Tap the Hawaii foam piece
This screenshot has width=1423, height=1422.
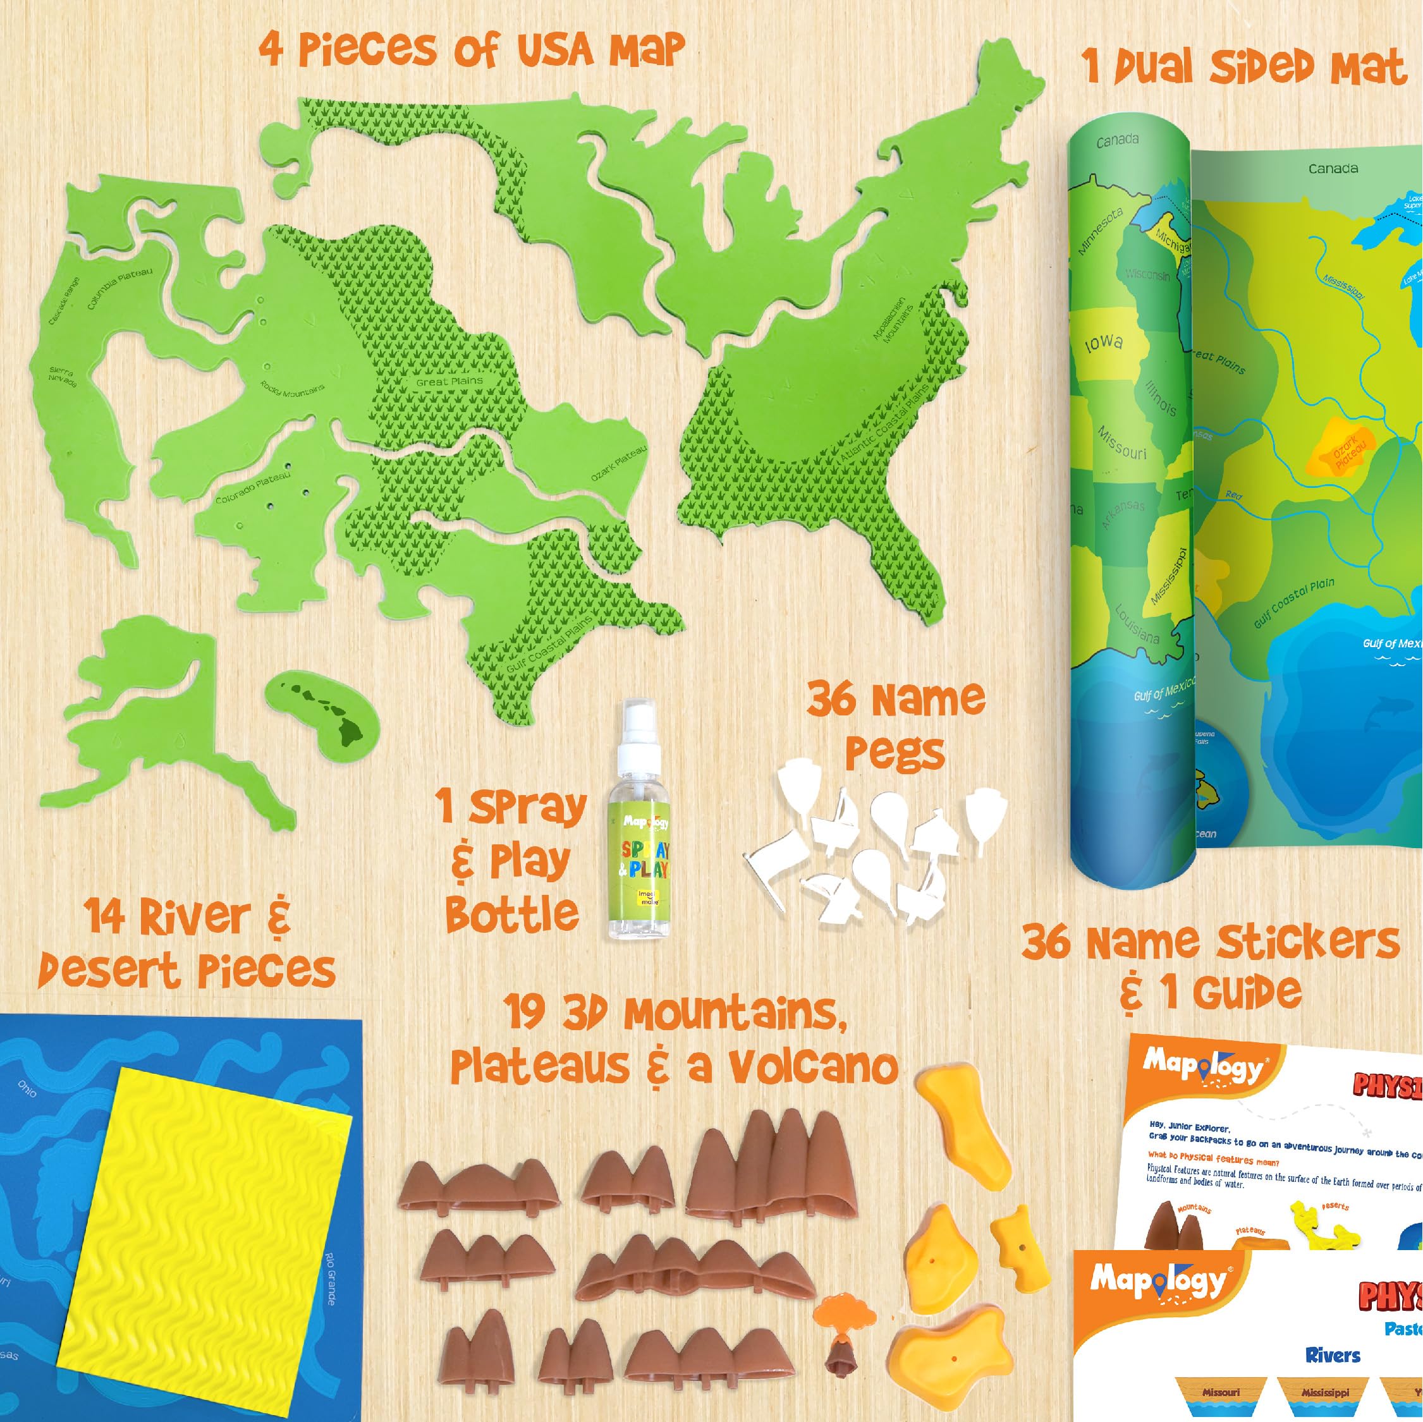(322, 712)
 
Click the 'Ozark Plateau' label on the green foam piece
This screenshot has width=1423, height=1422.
(619, 463)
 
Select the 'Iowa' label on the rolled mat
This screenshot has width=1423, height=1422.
(1103, 343)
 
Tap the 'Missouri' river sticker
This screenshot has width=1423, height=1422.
(1221, 1392)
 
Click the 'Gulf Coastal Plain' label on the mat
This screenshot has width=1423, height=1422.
(1293, 603)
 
